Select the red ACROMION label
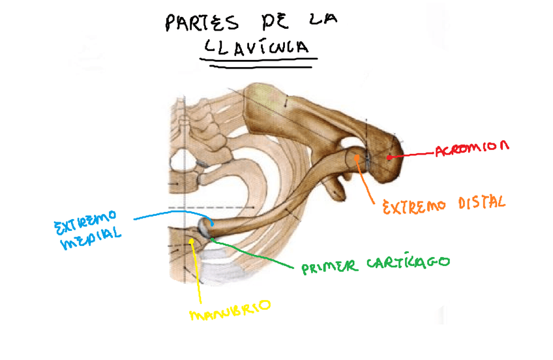[x=471, y=148]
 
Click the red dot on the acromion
[x=389, y=157]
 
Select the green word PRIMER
[x=329, y=266]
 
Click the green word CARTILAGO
[x=407, y=262]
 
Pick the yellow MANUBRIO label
[x=229, y=311]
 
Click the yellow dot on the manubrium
[x=192, y=241]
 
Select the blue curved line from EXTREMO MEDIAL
[x=170, y=213]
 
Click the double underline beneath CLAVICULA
[x=260, y=61]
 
